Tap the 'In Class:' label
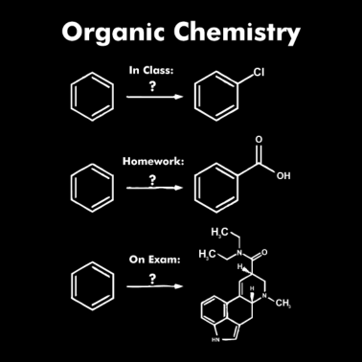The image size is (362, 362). tap(152, 70)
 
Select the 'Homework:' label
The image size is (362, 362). tap(152, 161)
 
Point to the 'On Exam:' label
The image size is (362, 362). tap(154, 260)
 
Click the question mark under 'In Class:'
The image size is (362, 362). tap(152, 85)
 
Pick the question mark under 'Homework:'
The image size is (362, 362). tap(152, 176)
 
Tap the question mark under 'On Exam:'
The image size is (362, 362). tap(152, 278)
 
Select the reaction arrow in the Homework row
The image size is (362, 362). tap(153, 188)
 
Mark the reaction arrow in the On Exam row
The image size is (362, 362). tap(153, 286)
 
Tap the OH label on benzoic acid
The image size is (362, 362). tap(283, 176)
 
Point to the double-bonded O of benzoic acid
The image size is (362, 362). tap(257, 141)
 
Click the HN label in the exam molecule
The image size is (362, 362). tap(215, 339)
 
